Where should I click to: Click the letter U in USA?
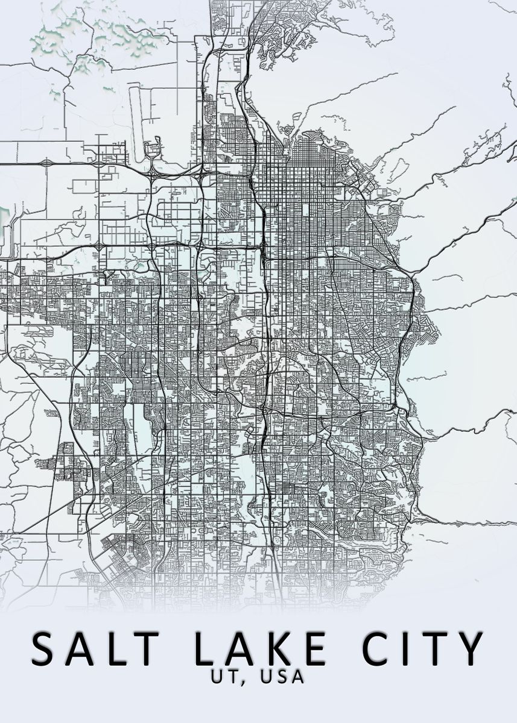click(x=265, y=677)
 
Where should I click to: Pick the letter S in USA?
click(x=281, y=677)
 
